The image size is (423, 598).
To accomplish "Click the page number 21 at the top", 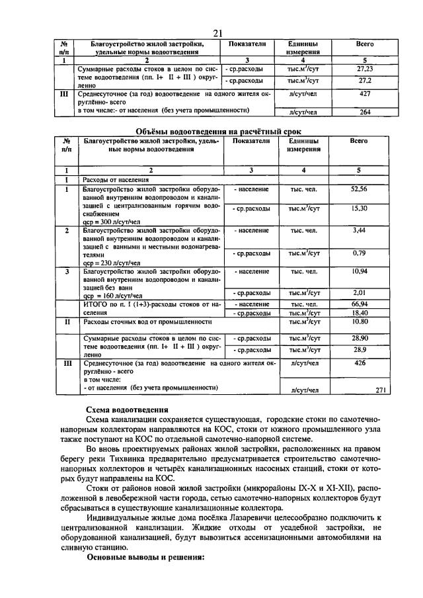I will (218, 34).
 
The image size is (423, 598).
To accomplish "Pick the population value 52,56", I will (359, 189).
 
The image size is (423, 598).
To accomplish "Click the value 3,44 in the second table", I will (359, 230).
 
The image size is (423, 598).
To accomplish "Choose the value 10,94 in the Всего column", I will (359, 271).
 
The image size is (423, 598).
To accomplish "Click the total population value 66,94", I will (359, 304).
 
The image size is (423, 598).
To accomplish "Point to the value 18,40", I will (359, 312).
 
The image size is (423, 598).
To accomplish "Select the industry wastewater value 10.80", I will (359, 321).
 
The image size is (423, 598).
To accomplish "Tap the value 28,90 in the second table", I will (359, 338).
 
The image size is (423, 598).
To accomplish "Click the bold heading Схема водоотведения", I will (128, 410).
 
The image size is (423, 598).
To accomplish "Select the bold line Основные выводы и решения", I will (147, 557).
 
